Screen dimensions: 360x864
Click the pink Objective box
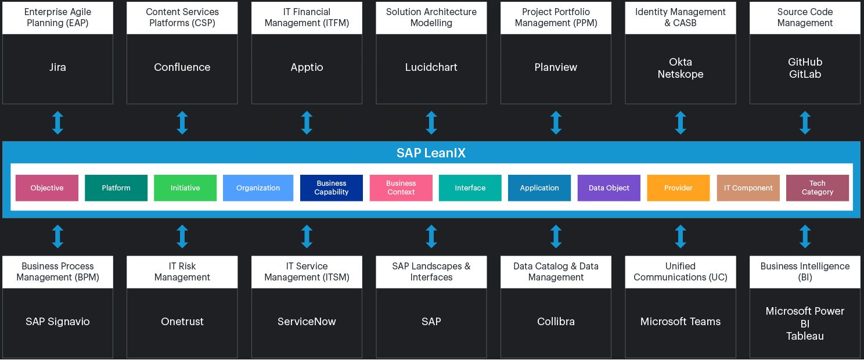[x=47, y=188]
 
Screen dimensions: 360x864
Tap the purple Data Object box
[x=609, y=188]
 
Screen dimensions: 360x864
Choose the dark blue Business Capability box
[x=332, y=188]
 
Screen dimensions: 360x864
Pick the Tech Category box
[x=817, y=188]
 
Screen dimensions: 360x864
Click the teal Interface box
[x=470, y=188]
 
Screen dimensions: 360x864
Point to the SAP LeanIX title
[x=431, y=153]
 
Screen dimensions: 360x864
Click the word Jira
[x=57, y=67]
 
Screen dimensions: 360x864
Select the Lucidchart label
[x=431, y=67]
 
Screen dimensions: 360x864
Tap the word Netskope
[x=680, y=74]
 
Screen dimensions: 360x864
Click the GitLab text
[x=805, y=74]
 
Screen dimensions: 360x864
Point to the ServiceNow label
[x=307, y=322]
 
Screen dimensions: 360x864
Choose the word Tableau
[x=805, y=336]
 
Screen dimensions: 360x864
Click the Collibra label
[x=556, y=322]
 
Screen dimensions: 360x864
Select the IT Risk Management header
[x=182, y=272]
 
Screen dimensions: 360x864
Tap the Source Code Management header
[x=805, y=17]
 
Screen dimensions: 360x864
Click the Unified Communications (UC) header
[x=680, y=272]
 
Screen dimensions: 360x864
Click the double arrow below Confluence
[x=182, y=123]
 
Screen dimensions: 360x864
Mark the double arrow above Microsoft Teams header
[x=681, y=237]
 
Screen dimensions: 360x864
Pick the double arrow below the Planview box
[x=556, y=123]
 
